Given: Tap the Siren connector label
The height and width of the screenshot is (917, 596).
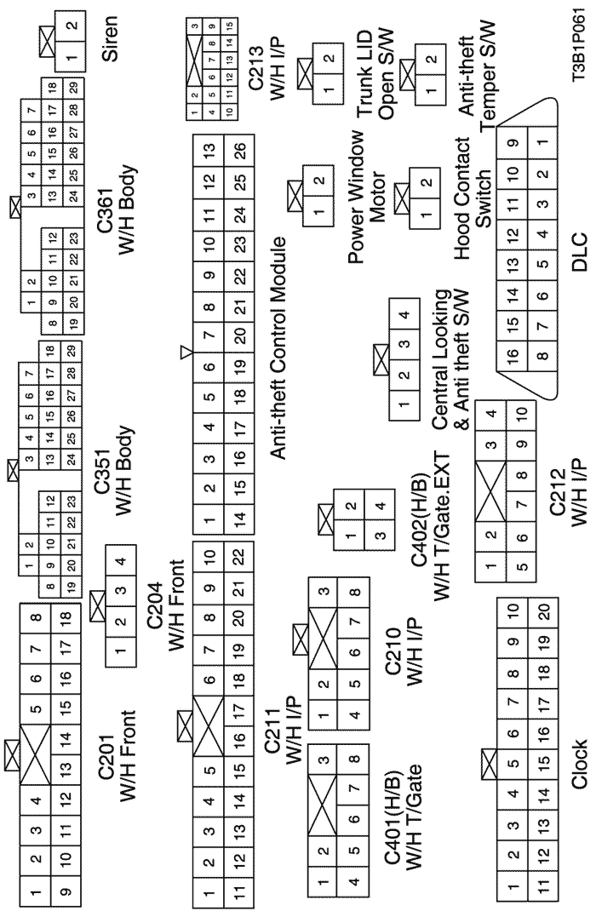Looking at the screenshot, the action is (x=109, y=39).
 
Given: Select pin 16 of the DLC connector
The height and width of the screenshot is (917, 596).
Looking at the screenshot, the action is (x=513, y=354).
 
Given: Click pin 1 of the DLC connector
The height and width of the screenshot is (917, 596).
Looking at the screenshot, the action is (x=543, y=144).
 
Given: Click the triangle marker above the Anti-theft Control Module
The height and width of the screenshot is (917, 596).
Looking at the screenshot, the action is (x=186, y=352).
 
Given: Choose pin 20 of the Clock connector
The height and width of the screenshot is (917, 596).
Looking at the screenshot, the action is (x=543, y=611).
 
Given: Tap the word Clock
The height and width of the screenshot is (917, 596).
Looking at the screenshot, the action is (x=578, y=765).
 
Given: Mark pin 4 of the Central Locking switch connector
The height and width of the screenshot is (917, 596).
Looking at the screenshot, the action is (x=404, y=316).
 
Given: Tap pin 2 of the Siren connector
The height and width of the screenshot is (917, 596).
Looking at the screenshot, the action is (x=72, y=26).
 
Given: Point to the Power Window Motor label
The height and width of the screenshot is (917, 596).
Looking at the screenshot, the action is (x=366, y=197).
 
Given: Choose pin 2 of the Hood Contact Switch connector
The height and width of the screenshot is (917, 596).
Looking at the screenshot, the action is (x=427, y=182).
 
